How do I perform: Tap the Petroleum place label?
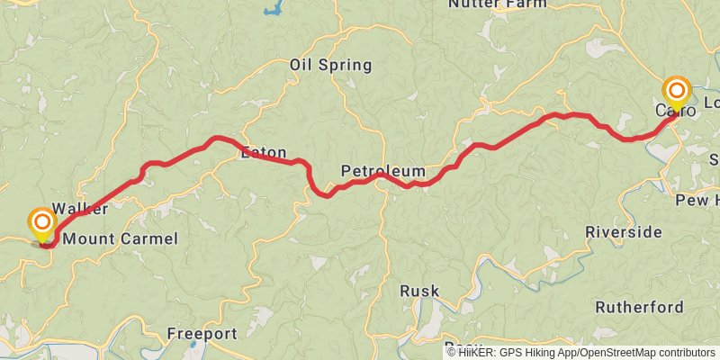point(382,171)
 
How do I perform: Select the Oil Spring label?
point(330,65)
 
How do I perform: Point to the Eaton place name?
point(263,152)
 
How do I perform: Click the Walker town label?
point(80,209)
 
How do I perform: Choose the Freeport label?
point(201,334)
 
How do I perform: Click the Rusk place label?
point(420,291)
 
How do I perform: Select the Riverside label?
point(623,232)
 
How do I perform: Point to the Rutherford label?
point(639,307)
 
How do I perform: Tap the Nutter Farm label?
point(497,4)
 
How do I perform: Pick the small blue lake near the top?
point(271,12)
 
